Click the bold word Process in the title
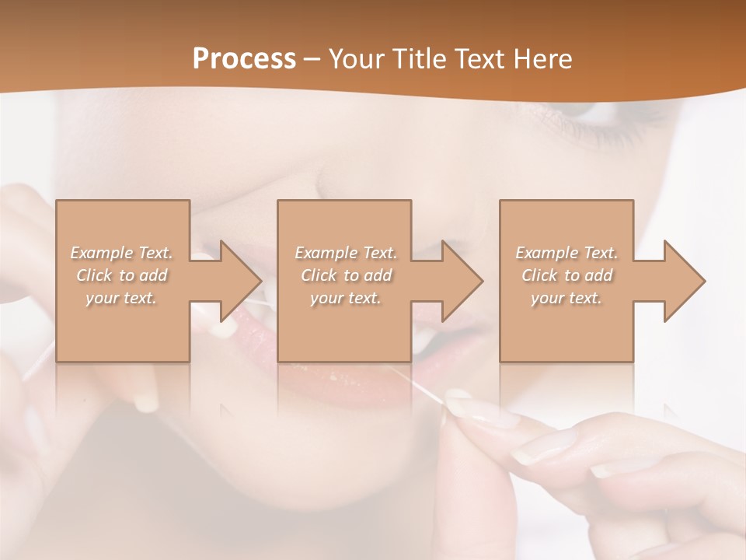(244, 59)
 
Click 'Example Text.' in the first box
(122, 253)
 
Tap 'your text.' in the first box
(122, 298)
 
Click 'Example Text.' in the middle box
(346, 253)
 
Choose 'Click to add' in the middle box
(346, 275)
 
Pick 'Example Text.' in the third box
(566, 253)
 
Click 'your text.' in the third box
(566, 298)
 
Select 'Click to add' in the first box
(122, 275)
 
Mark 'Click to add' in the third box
(566, 275)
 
